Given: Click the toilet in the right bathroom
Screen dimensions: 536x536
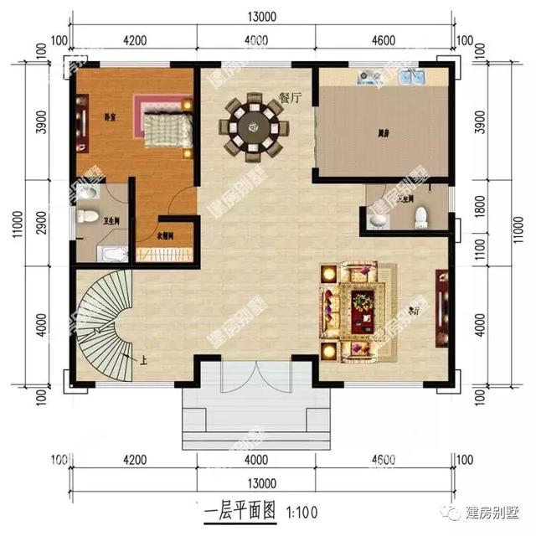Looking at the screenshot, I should [x=422, y=217].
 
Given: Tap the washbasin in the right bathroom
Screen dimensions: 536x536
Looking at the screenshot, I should [x=379, y=220].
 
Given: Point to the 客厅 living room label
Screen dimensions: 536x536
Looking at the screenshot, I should [x=412, y=307].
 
